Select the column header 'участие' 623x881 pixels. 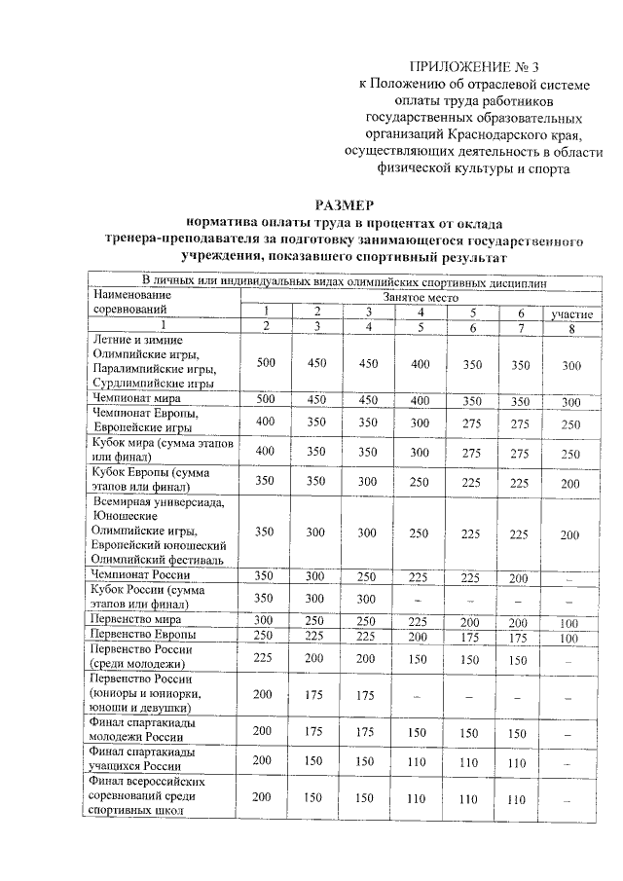click(x=572, y=313)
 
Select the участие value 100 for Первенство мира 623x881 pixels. click(x=572, y=620)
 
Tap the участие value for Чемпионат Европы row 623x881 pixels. click(x=572, y=424)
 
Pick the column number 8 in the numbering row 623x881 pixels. click(x=572, y=326)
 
